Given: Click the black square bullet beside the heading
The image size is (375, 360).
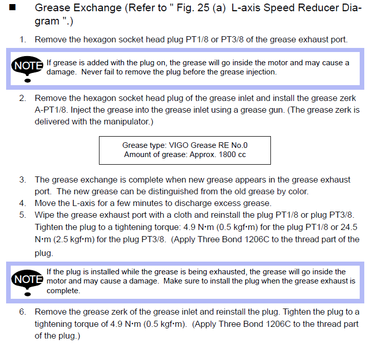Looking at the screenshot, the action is coord(12,8).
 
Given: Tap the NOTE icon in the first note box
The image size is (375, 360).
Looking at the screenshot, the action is coord(27,69).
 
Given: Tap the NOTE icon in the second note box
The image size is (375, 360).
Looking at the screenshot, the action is coord(27,282).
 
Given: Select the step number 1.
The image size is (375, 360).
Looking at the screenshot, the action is coord(22,39).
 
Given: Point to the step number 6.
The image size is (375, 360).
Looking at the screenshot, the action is coord(22,312).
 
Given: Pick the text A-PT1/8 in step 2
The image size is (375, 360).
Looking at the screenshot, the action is coord(51,110).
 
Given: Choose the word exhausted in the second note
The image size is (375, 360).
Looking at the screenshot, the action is coord(226,272).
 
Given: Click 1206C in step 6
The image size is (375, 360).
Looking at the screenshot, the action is coord(278,324).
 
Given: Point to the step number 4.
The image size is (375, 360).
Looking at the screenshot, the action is coord(22,203).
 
